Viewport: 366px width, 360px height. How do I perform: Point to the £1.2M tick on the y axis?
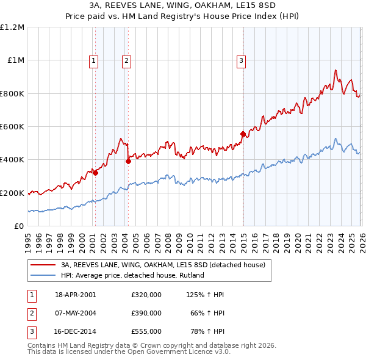12,27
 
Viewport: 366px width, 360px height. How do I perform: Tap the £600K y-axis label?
12,127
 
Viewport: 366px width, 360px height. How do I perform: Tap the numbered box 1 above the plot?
94,60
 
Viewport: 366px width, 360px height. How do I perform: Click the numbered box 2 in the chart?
126,60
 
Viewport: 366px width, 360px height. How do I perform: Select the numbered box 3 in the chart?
242,60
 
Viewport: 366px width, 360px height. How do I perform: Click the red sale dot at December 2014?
243,134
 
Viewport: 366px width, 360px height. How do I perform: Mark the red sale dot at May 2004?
128,161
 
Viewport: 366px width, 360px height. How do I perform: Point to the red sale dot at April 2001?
96,173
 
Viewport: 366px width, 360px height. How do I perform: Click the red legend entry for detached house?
163,265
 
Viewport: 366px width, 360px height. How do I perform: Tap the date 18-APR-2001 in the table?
76,295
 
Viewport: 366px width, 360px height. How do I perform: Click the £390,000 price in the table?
146,313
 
